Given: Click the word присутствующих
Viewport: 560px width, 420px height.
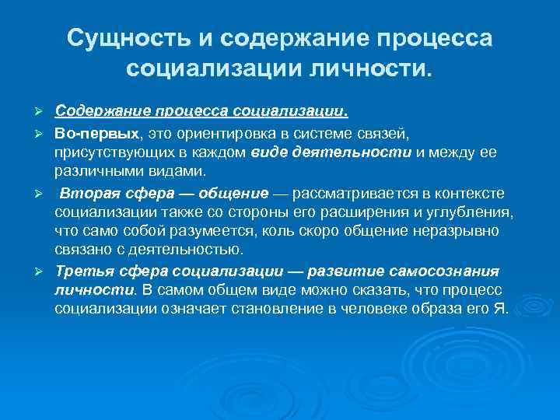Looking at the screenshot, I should tap(109, 152).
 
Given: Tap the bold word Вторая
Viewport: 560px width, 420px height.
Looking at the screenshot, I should tap(89, 193).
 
